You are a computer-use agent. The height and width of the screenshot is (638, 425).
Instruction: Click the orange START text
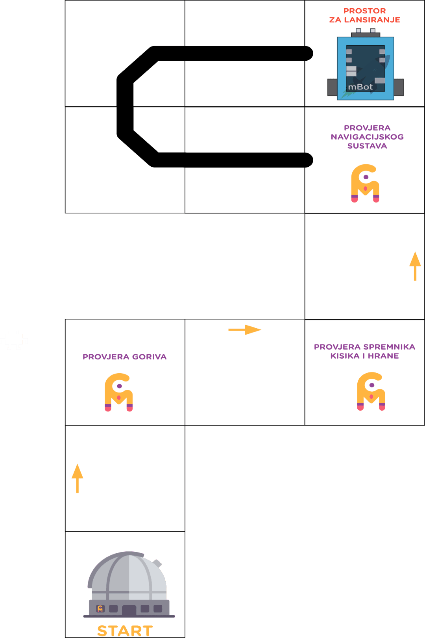[x=125, y=631]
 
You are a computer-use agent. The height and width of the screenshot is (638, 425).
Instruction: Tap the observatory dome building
[x=129, y=584]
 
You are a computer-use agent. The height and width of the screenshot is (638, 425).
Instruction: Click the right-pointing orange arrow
[x=245, y=330]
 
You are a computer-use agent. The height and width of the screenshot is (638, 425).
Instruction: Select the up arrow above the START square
[x=78, y=478]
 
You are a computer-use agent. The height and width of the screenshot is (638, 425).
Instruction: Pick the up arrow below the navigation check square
[x=415, y=266]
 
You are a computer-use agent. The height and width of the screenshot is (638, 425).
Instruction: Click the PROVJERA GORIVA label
[x=125, y=357]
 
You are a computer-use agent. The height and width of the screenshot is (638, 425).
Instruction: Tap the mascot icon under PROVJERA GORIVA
[x=118, y=392]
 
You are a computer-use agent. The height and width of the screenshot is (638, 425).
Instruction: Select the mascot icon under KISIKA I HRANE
[x=371, y=391]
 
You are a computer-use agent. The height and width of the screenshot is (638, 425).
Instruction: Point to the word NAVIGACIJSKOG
[x=367, y=137]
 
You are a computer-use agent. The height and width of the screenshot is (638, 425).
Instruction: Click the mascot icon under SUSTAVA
[x=365, y=183]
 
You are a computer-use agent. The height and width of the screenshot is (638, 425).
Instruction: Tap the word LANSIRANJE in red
[x=372, y=20]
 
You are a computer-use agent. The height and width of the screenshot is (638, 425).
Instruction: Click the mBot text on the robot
[x=360, y=87]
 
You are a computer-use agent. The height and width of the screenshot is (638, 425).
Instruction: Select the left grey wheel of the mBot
[x=332, y=87]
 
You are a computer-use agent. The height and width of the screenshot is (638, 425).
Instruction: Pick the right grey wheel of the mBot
[x=399, y=87]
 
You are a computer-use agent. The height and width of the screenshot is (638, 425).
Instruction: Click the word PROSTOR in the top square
[x=365, y=11]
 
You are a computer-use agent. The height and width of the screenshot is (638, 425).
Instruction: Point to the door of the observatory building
[x=129, y=610]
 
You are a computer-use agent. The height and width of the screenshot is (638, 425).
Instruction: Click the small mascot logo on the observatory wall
[x=100, y=609]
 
